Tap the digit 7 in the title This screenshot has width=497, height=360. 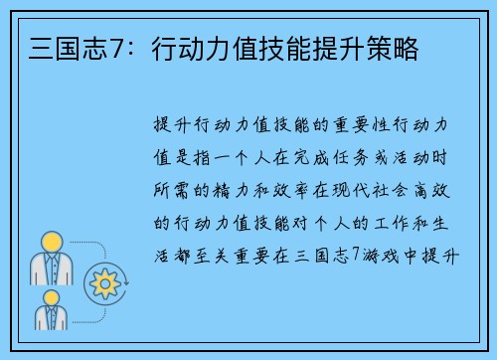click(103, 46)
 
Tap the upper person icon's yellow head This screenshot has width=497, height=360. click(49, 242)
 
